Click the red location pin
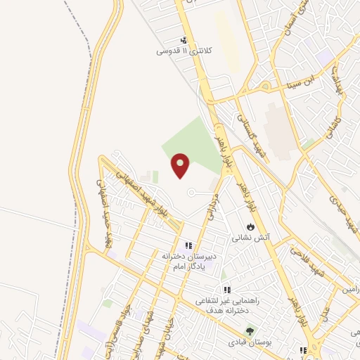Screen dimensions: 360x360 [181, 165]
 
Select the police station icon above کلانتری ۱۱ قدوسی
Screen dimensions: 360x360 [184, 40]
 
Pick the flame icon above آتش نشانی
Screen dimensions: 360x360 [250, 226]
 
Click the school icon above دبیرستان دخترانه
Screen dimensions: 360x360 [188, 245]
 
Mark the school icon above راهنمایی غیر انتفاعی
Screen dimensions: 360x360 [226, 290]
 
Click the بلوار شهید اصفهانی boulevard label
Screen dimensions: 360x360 [141, 191]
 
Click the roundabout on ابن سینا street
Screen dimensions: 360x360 [266, 86]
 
